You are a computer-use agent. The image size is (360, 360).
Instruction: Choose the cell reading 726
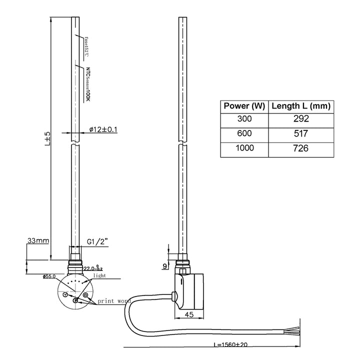pos(301,148)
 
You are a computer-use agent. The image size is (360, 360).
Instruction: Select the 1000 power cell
pos(244,148)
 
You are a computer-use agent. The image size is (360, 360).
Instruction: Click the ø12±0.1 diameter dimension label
pos(103,129)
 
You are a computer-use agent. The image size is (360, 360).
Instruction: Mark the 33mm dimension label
pos(38,240)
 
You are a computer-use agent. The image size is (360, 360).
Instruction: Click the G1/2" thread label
pos(97,241)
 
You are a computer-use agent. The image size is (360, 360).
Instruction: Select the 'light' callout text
pos(100,275)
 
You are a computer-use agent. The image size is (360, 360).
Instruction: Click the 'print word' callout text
pos(114,301)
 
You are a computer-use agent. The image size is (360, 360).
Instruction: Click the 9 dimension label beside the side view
pos(165,266)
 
